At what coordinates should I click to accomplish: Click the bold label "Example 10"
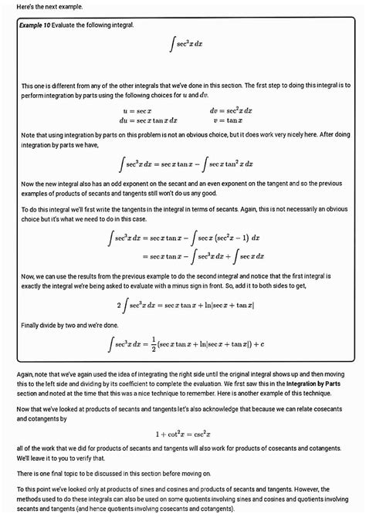[40, 25]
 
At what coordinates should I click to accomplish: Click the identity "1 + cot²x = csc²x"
[183, 433]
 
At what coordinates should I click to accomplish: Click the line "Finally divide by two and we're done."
[71, 325]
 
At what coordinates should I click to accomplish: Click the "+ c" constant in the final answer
[259, 345]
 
